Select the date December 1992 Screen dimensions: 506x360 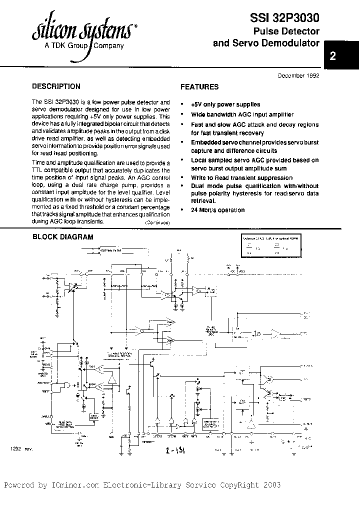pyautogui.click(x=298, y=75)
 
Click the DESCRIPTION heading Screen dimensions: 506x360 pyautogui.click(x=55, y=86)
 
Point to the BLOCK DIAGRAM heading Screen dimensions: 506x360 pyautogui.click(x=62, y=237)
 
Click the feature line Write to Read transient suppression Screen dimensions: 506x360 pyautogui.click(x=241, y=178)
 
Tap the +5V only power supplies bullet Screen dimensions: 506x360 pyautogui.click(x=225, y=104)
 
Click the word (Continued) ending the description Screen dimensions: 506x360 pyautogui.click(x=157, y=222)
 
